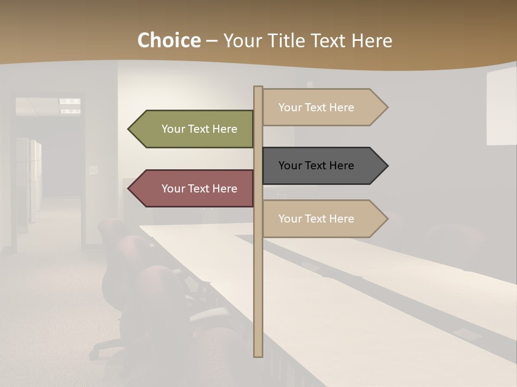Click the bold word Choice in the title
tap(169, 40)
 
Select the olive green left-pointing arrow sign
tap(194, 129)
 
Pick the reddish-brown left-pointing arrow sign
tap(194, 188)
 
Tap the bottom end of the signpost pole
tap(258, 355)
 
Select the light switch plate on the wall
tap(93, 170)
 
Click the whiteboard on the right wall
tap(501, 107)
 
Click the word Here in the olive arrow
tap(225, 129)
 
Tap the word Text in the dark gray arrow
tap(317, 166)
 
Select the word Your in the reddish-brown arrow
tap(173, 188)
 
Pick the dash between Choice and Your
tap(212, 41)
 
